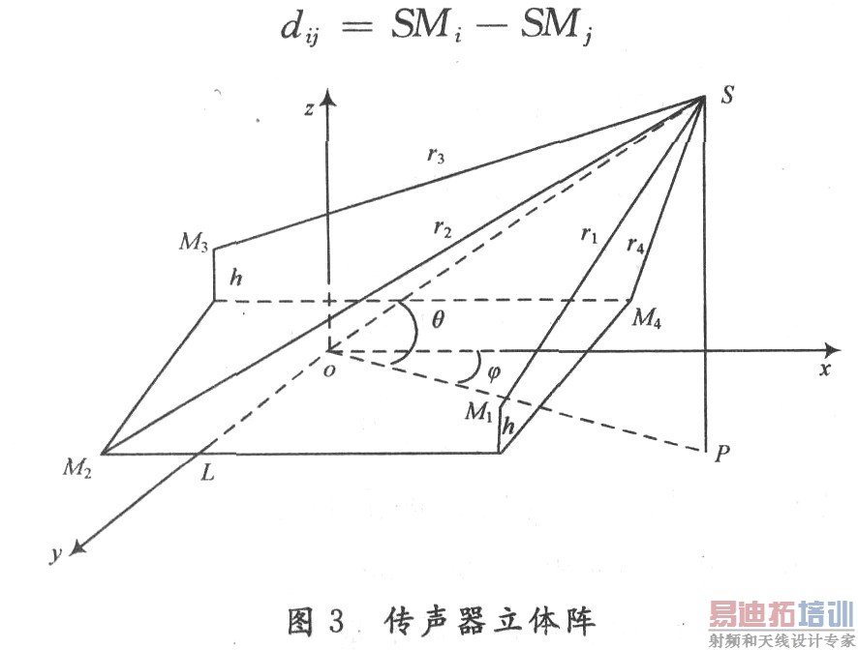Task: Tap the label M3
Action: pos(193,242)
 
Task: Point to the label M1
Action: pos(478,412)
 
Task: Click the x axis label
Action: pos(825,369)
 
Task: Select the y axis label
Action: pos(56,553)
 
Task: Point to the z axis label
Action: pos(308,108)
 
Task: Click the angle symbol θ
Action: pos(437,317)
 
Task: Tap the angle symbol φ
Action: pos(494,371)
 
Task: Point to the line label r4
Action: pos(636,246)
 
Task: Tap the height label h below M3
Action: pos(235,277)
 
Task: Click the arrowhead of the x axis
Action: pos(830,348)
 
